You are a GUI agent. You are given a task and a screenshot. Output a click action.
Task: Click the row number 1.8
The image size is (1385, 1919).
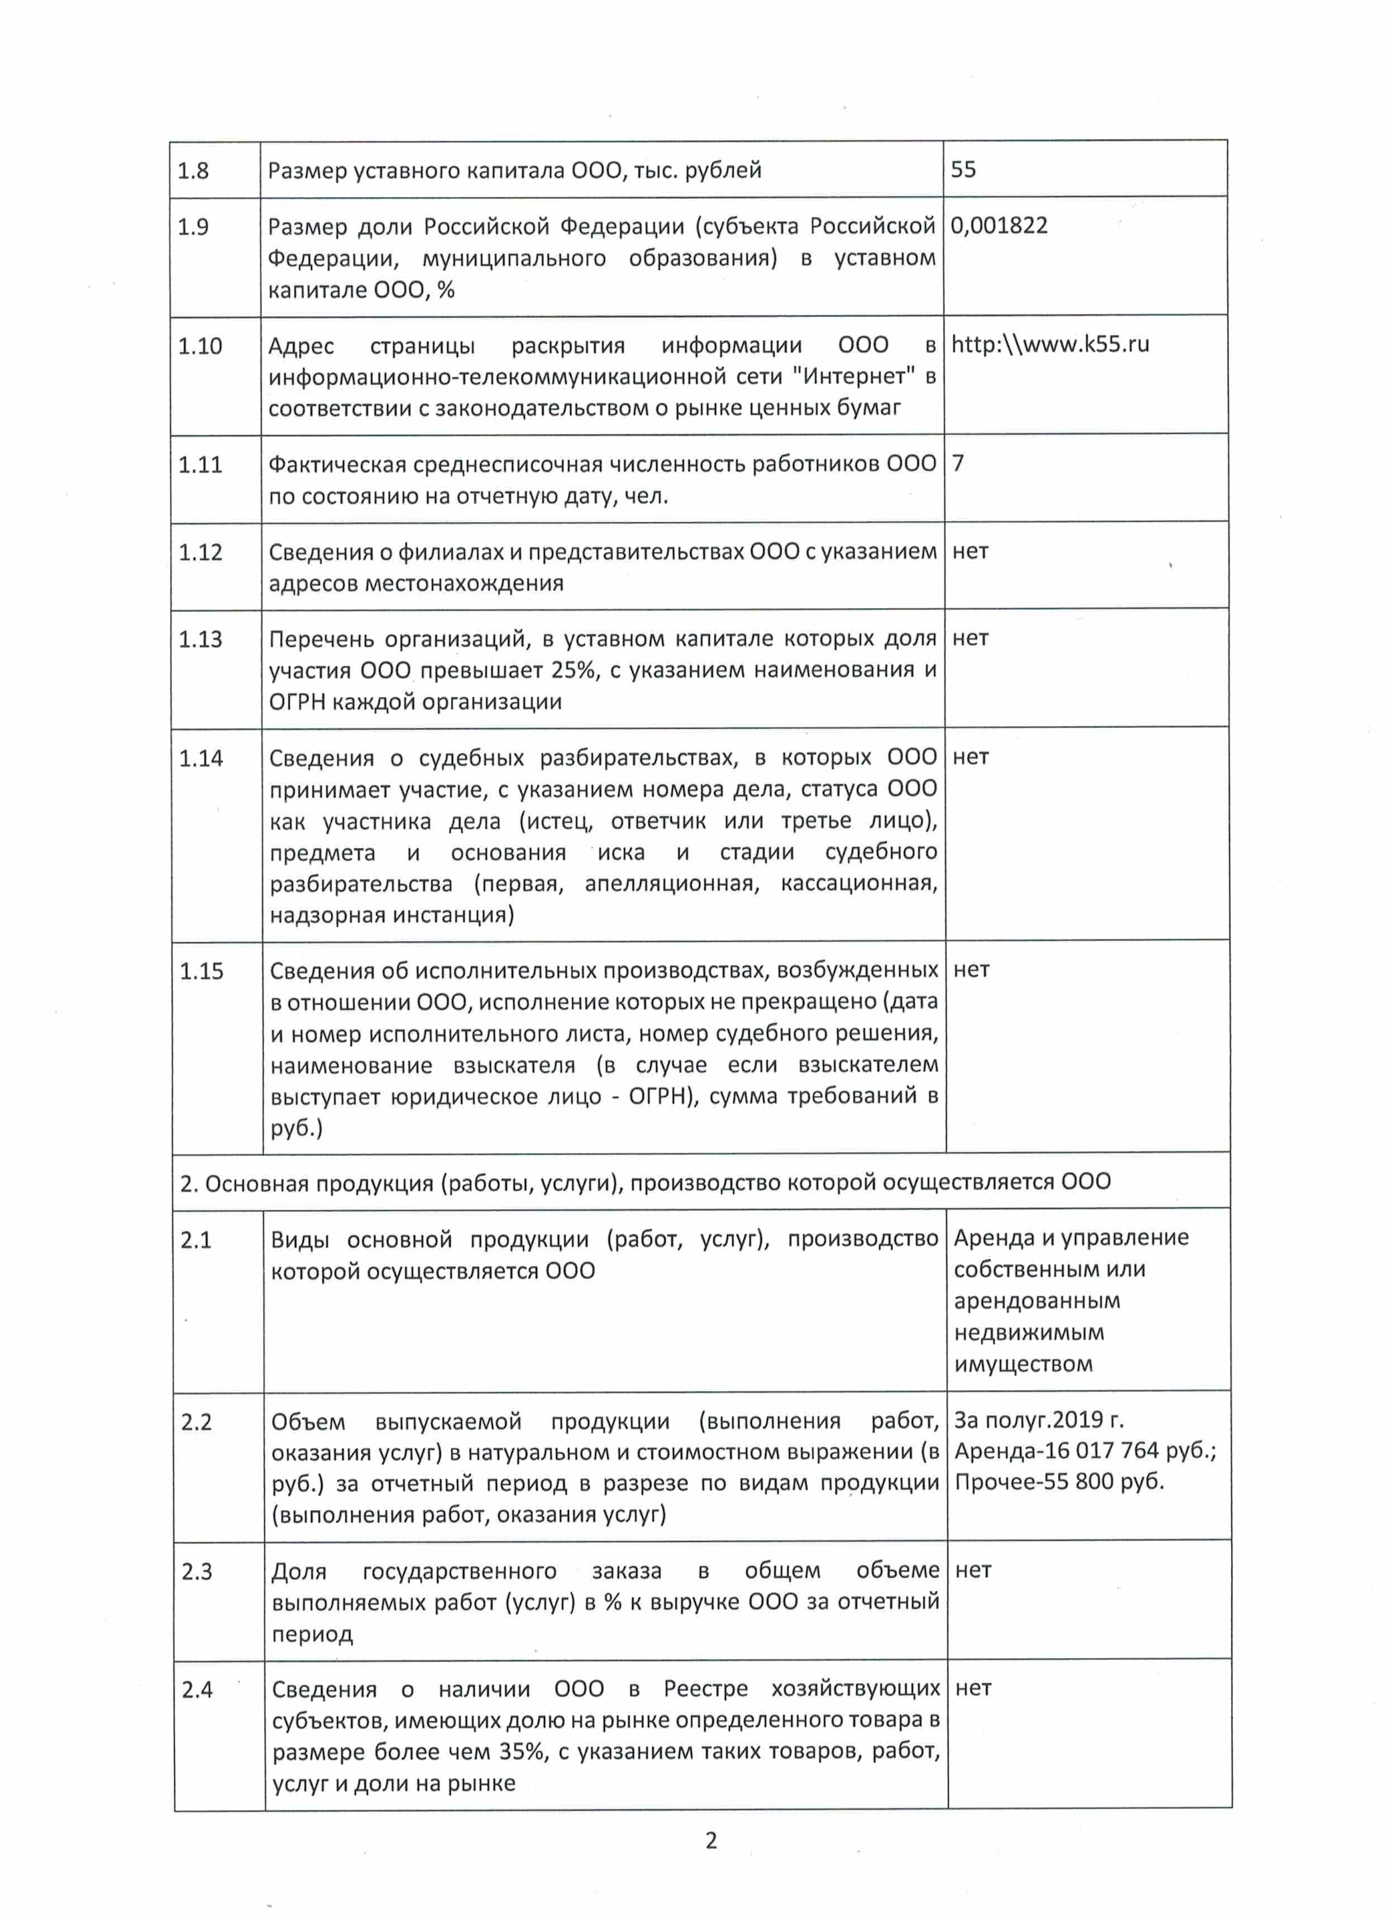[193, 171]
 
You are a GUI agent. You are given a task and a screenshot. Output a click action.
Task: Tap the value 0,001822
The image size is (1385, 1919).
[999, 226]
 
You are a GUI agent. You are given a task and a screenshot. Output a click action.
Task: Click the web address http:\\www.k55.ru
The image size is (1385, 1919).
[1050, 345]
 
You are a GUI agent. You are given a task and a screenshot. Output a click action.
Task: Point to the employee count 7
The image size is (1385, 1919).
[958, 463]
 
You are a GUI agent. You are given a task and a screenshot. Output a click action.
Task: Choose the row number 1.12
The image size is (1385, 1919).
[200, 552]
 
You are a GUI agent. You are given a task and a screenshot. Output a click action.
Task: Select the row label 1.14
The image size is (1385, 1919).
[200, 758]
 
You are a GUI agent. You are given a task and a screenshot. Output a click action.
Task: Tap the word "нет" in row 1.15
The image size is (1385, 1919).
[971, 970]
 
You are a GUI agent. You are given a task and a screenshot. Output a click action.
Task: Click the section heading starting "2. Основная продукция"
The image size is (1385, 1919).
[644, 1182]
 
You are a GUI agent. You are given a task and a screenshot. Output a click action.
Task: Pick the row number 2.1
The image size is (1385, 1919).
[195, 1240]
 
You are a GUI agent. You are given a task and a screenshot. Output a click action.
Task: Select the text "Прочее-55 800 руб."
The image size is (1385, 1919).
[1059, 1482]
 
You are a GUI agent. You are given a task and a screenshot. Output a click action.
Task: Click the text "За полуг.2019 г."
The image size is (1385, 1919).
[1038, 1420]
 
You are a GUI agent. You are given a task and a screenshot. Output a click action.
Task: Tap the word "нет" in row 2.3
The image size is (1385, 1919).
[972, 1570]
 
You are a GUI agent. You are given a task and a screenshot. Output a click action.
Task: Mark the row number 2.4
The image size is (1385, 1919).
[197, 1689]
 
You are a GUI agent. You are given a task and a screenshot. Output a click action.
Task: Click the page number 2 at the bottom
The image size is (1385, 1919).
[711, 1840]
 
